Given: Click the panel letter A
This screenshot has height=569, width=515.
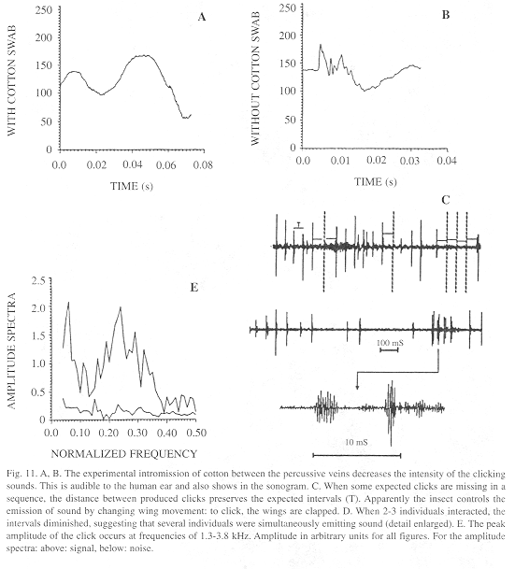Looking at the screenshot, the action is tap(202, 17).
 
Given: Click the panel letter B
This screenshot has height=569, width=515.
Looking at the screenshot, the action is tap(446, 15).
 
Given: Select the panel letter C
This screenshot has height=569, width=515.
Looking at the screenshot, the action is tap(446, 200).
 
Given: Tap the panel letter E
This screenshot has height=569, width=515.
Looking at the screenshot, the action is tap(194, 288).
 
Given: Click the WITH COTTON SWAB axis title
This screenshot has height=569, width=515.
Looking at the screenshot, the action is tap(12, 80).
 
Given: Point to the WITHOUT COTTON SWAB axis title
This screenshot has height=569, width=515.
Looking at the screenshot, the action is tap(255, 78).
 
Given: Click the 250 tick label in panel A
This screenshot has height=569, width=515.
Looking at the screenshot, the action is tap(44, 10).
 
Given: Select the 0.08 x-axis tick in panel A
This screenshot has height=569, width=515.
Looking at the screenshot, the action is tap(203, 165).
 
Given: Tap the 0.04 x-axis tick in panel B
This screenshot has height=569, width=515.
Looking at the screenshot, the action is tap(446, 161).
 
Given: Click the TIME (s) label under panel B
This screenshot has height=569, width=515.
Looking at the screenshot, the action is tap(376, 181).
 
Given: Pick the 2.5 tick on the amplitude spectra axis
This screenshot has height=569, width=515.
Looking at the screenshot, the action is tap(39, 280).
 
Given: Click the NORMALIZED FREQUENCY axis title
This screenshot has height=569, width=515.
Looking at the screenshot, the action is tap(123, 453).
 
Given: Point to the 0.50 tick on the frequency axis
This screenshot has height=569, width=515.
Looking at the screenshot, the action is tap(196, 433).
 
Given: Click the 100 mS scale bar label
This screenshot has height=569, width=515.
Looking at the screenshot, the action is tap(390, 343).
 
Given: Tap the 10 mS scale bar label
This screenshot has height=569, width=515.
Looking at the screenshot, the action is tap(356, 442).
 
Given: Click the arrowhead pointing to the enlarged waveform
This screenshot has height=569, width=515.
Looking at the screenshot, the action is tap(357, 387).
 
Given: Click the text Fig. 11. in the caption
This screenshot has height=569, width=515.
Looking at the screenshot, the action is tap(19, 474).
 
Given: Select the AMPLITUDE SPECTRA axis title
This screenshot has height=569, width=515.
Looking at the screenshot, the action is tap(12, 351).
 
